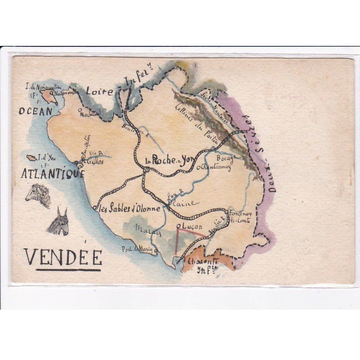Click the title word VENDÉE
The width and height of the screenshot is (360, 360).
click(63, 257)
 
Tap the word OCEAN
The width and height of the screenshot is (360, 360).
click(36, 111)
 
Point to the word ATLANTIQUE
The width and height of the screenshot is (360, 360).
click(53, 173)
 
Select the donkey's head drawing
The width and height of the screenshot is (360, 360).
click(59, 222)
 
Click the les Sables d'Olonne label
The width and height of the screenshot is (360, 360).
click(128, 208)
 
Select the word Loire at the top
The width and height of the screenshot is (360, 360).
click(99, 91)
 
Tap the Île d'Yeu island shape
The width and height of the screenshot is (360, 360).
click(32, 158)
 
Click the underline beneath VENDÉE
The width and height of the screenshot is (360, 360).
click(68, 270)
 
